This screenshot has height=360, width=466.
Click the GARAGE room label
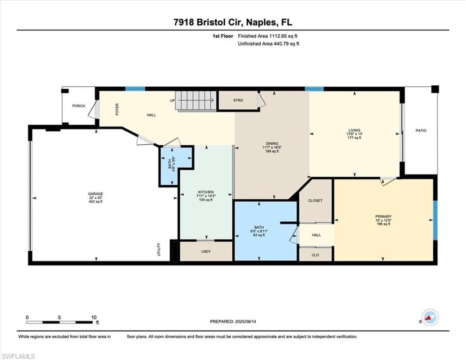pos(96,194)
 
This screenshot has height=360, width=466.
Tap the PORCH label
pos(79,106)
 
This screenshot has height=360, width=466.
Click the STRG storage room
pos(238,100)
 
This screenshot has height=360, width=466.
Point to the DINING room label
pos(272,144)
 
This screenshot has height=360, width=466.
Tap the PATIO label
pos(421,130)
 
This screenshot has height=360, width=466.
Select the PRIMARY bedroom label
pos(383,216)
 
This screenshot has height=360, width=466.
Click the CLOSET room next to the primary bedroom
pos(315,201)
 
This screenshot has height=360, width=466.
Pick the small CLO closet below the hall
pos(315,255)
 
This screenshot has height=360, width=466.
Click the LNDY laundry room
pos(206,252)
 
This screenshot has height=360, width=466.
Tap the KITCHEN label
pos(206,192)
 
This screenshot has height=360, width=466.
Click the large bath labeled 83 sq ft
pos(259,235)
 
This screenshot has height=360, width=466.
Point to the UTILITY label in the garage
pos(159,249)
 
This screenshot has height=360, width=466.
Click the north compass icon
pos(429,317)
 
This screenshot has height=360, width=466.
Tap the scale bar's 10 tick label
pos(94,317)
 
